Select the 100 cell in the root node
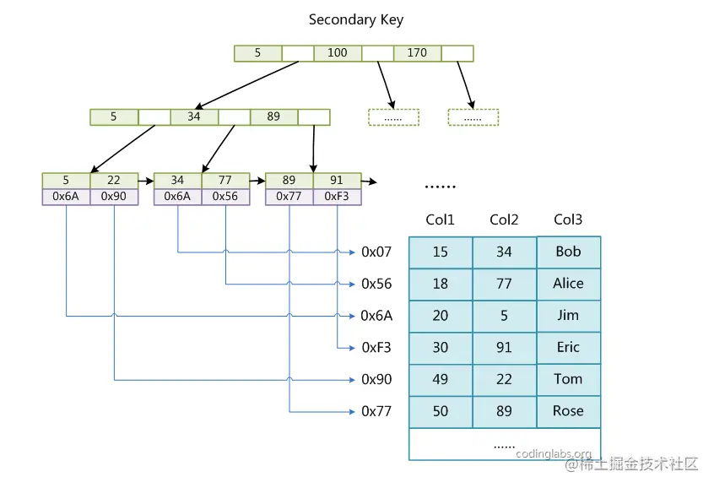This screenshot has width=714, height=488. tap(338, 52)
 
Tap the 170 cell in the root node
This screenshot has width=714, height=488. tap(417, 52)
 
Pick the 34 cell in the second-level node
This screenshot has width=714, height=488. tap(194, 117)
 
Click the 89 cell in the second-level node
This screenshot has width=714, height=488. tap(273, 117)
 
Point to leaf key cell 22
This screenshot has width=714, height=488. tap(114, 180)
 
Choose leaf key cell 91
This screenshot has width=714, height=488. tap(337, 180)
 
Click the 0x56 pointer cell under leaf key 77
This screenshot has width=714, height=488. tap(225, 196)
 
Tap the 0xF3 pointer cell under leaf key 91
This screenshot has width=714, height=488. tap(337, 196)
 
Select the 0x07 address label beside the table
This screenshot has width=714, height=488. tap(376, 252)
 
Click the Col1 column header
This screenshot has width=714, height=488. tap(440, 220)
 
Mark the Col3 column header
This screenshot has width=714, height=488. tap(568, 220)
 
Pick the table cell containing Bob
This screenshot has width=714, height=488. tap(568, 252)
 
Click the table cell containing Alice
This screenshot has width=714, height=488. tap(568, 284)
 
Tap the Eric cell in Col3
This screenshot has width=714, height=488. tap(568, 347)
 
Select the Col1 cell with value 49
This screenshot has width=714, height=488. tap(440, 379)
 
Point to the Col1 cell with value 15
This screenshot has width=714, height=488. tap(440, 252)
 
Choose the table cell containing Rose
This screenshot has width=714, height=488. tap(568, 411)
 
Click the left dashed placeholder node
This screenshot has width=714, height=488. tap(393, 117)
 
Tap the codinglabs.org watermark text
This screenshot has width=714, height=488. tap(554, 454)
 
